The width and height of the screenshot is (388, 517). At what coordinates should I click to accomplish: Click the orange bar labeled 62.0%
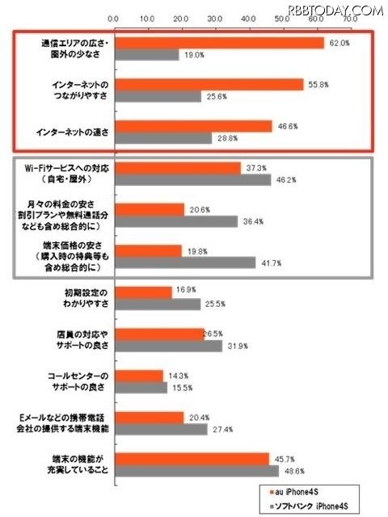(x=218, y=42)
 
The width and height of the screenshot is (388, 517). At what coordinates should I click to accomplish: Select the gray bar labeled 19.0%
(x=145, y=55)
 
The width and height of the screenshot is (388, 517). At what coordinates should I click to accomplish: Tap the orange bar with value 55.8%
(x=208, y=84)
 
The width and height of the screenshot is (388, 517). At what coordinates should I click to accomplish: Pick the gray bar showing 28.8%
(x=162, y=139)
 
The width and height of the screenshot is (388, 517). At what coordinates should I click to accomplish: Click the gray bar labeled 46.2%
(x=192, y=180)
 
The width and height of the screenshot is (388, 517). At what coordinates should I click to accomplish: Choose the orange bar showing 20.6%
(x=149, y=208)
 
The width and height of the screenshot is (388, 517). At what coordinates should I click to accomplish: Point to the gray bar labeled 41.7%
(x=184, y=263)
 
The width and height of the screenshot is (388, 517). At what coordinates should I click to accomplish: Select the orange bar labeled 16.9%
(x=142, y=292)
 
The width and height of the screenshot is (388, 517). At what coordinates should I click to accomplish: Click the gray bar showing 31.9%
(x=167, y=346)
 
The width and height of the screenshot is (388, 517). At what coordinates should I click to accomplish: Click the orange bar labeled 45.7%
(x=191, y=458)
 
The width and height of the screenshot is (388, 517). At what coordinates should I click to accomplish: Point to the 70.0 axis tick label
(x=350, y=17)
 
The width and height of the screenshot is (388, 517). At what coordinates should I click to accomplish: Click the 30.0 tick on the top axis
(x=214, y=17)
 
